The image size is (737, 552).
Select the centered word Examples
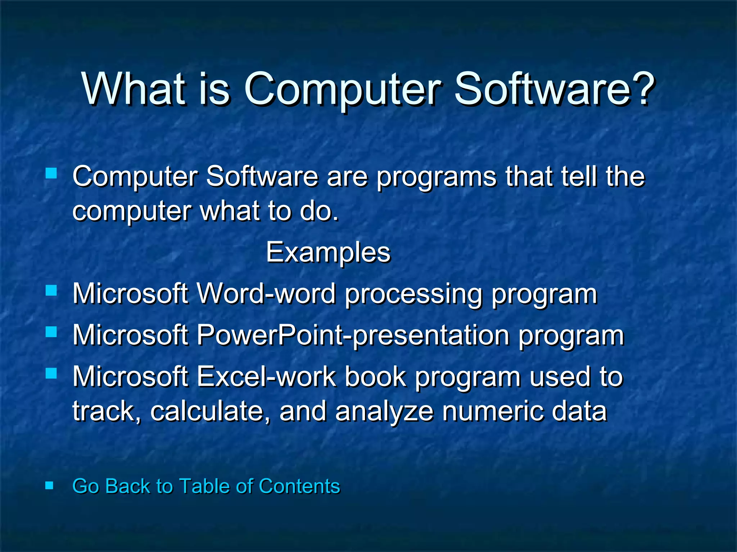(328, 252)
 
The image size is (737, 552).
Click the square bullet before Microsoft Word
(51, 290)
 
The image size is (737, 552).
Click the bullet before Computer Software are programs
(51, 174)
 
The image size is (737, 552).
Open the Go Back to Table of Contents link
(206, 486)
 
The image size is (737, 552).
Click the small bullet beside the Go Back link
(50, 486)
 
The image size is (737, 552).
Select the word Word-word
(266, 294)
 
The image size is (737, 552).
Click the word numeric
(492, 411)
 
